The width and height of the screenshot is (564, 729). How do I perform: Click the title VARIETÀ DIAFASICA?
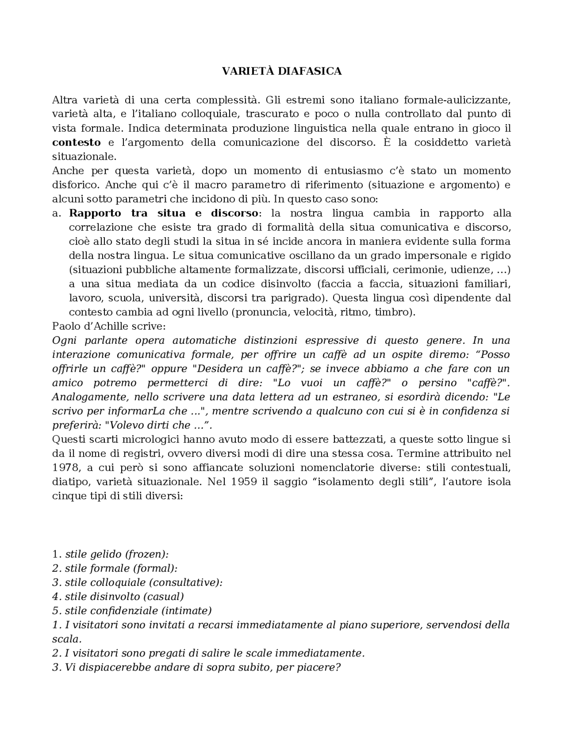pyautogui.click(x=282, y=71)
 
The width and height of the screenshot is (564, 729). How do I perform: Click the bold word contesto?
pyautogui.click(x=76, y=143)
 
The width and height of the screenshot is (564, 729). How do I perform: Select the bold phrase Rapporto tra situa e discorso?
pyautogui.click(x=163, y=214)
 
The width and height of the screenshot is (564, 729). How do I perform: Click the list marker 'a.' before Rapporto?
pyautogui.click(x=56, y=214)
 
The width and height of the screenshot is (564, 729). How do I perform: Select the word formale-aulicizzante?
pyautogui.click(x=457, y=100)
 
